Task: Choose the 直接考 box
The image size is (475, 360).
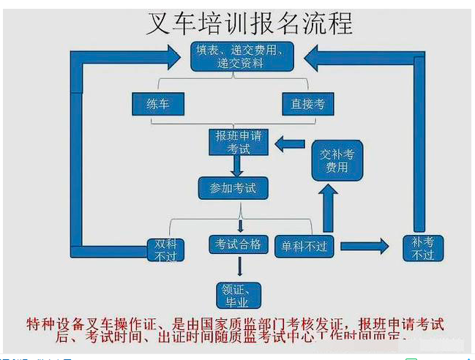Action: tap(308, 104)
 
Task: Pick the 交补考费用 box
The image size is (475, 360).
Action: tap(337, 160)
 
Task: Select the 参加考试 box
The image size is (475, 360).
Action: tap(233, 188)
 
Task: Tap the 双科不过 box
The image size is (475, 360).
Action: tap(165, 249)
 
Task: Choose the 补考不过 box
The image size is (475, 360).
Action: tap(422, 248)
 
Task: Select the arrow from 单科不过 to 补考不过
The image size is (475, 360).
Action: tap(364, 247)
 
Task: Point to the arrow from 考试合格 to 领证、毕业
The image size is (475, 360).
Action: tap(240, 268)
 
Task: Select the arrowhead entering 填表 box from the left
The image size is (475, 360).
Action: tap(173, 54)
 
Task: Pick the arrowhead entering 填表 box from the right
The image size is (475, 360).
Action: tap(313, 54)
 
